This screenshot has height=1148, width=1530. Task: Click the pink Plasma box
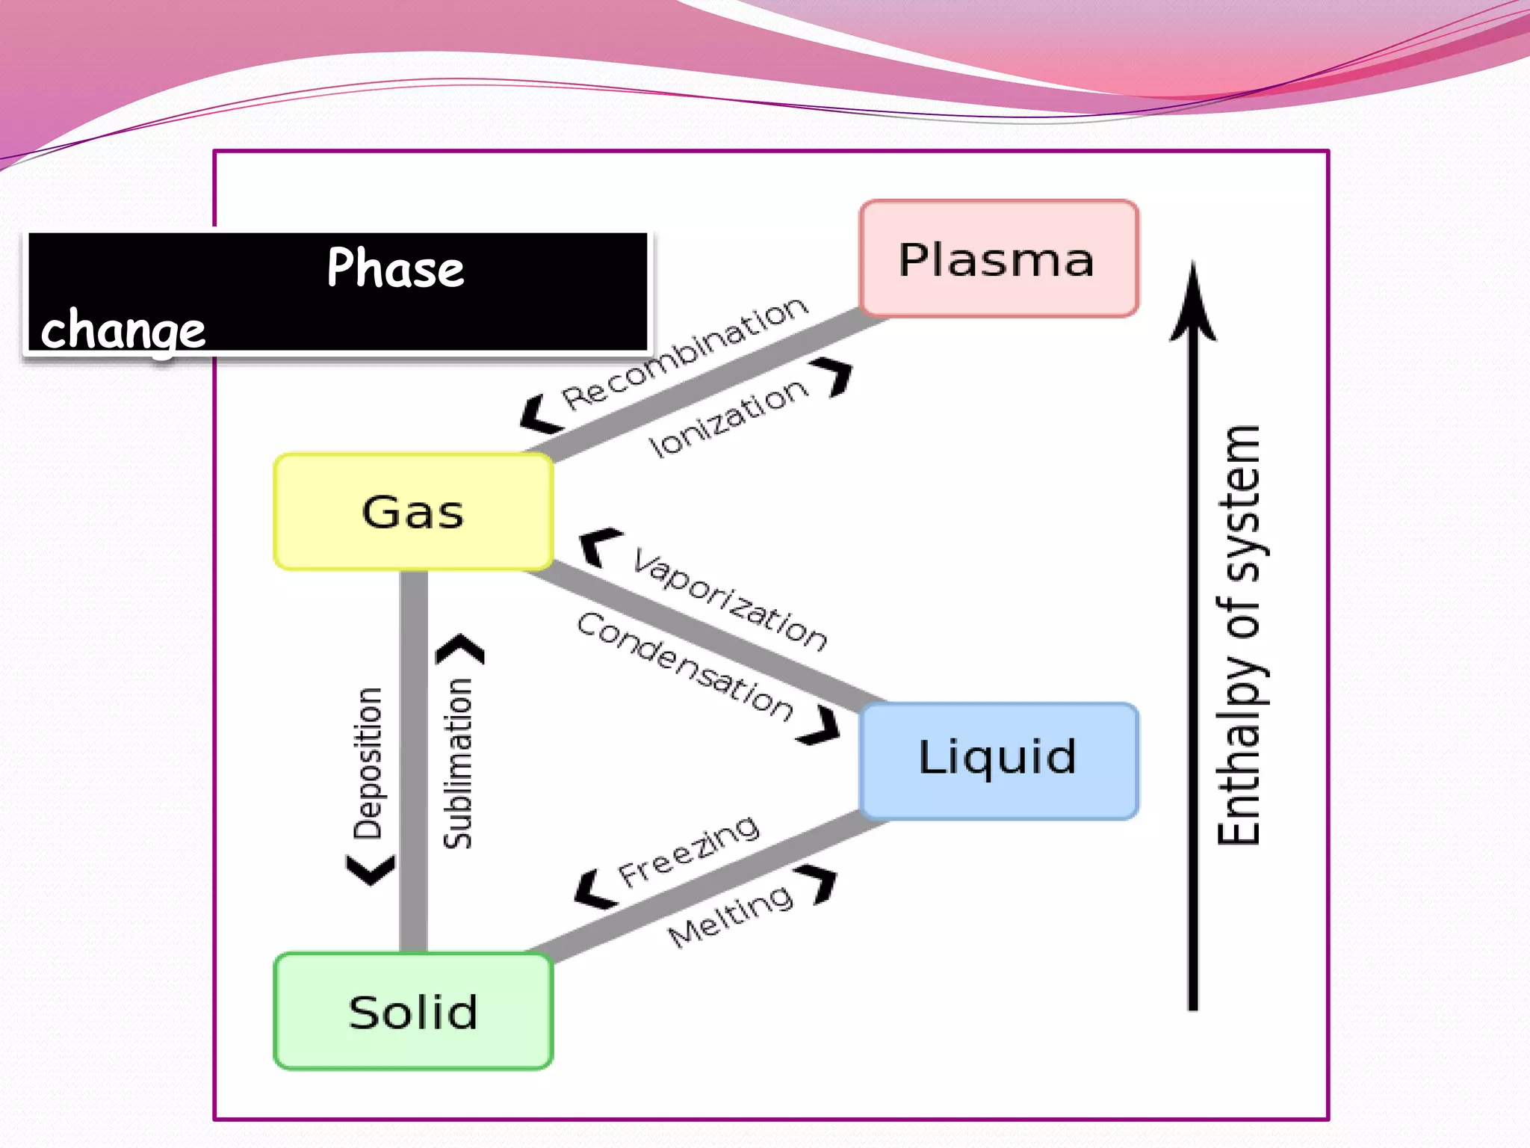pyautogui.click(x=999, y=259)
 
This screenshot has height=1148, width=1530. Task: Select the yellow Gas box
pyautogui.click(x=413, y=512)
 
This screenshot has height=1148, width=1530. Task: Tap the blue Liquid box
pyautogui.click(x=999, y=760)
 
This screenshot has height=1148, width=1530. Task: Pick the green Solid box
pyautogui.click(x=413, y=1011)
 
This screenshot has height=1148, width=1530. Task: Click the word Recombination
pyautogui.click(x=684, y=353)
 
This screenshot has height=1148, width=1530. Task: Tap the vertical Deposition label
pyautogui.click(x=368, y=762)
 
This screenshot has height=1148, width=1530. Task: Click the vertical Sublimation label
pyautogui.click(x=458, y=762)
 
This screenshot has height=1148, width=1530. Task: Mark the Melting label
pyautogui.click(x=730, y=915)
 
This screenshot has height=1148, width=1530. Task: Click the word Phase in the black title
pyautogui.click(x=395, y=268)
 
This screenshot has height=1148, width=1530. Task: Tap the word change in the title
pyautogui.click(x=123, y=330)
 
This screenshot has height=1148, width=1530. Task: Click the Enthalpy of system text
pyautogui.click(x=1239, y=635)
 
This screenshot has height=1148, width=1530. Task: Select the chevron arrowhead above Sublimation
pyautogui.click(x=461, y=648)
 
